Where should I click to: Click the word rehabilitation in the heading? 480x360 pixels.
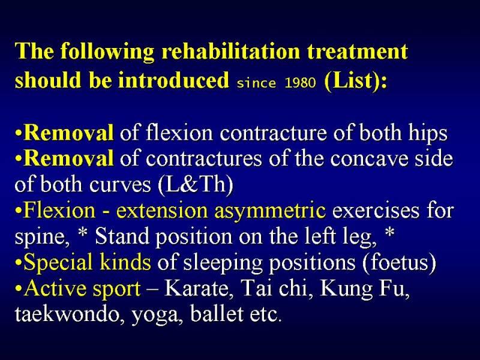point(230,52)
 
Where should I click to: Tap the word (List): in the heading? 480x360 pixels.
point(355,81)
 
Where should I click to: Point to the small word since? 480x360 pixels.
point(256,83)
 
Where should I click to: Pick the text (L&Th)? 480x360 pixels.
point(196,185)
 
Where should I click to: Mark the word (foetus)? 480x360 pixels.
point(399,262)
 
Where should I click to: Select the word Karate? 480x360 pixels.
point(196,289)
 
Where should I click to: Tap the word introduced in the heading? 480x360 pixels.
point(173,80)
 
